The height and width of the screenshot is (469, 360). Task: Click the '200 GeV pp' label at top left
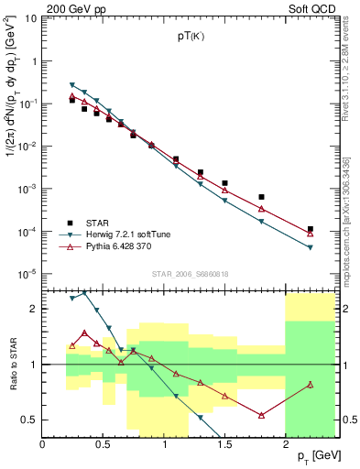click(x=71, y=8)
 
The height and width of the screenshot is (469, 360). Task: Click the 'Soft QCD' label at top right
click(x=312, y=8)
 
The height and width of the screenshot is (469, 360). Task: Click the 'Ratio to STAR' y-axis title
click(x=13, y=364)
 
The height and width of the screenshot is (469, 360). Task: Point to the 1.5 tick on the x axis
click(x=224, y=444)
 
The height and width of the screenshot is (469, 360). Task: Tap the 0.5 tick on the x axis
click(x=104, y=444)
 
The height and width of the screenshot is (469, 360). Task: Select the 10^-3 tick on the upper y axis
click(x=28, y=189)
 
